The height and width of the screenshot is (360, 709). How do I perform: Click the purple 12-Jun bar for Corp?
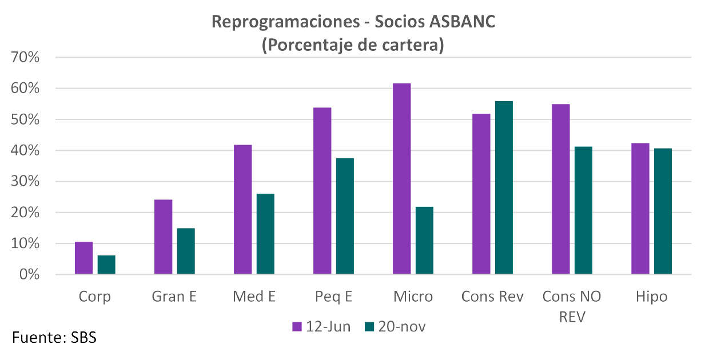pos(83,258)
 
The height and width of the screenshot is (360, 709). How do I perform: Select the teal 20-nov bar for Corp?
pos(106,265)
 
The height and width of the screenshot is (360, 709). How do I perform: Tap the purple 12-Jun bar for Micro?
pos(402,179)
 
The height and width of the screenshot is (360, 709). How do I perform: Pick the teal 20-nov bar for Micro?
pos(424,241)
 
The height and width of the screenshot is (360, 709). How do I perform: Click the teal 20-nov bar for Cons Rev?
pos(504,188)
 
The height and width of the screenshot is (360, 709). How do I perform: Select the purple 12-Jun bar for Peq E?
pos(322,191)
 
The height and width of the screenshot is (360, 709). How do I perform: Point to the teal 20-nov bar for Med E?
pos(265,234)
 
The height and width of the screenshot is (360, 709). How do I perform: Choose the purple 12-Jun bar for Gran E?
pos(163,237)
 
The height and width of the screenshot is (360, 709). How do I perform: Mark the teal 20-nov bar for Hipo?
pos(663,211)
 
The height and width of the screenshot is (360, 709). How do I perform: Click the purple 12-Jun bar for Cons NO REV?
pos(561,189)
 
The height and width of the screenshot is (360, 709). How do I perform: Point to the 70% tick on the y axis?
pos(23,58)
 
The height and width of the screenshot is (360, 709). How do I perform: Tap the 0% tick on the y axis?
pos(27,275)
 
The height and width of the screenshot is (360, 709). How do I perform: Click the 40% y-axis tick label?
pos(23,151)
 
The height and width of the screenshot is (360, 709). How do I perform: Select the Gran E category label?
pos(174,297)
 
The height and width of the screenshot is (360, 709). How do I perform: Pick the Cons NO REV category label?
pos(572,306)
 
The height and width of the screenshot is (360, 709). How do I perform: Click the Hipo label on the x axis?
pos(651,297)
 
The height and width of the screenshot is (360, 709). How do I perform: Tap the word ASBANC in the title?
pos(463,22)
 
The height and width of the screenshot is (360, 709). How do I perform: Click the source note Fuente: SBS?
pos(54,337)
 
